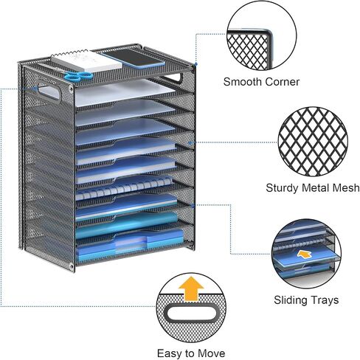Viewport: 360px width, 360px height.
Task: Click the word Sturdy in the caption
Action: click(283, 188)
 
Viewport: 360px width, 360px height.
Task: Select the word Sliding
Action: click(291, 300)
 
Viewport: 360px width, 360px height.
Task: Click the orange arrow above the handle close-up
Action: click(191, 288)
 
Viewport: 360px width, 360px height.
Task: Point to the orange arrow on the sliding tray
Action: click(305, 255)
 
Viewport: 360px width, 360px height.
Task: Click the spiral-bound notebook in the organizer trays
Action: click(124, 188)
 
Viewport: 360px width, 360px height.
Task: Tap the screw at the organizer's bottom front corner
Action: click(72, 265)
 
